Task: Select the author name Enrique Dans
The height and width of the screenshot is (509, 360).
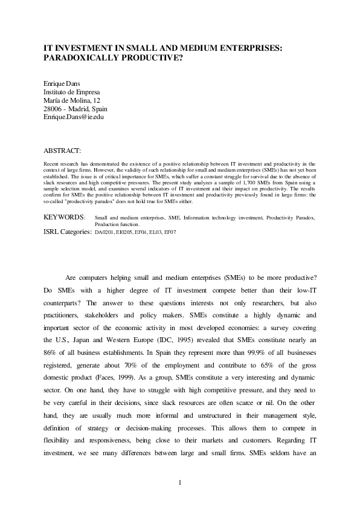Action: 62,84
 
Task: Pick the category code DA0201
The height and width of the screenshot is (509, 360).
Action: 106,232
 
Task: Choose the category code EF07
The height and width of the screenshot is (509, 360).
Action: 184,232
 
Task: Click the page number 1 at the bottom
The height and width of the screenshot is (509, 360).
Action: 180,482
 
